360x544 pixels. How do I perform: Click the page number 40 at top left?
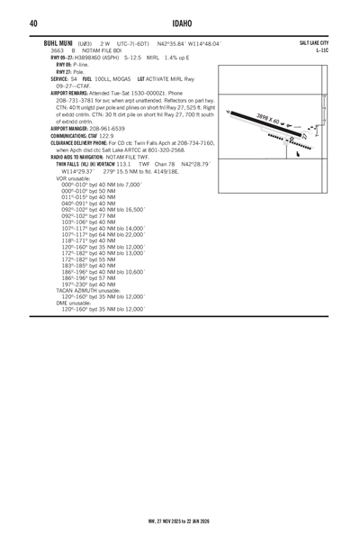32,23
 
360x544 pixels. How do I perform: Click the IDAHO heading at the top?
180,23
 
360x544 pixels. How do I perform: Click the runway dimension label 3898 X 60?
269,122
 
